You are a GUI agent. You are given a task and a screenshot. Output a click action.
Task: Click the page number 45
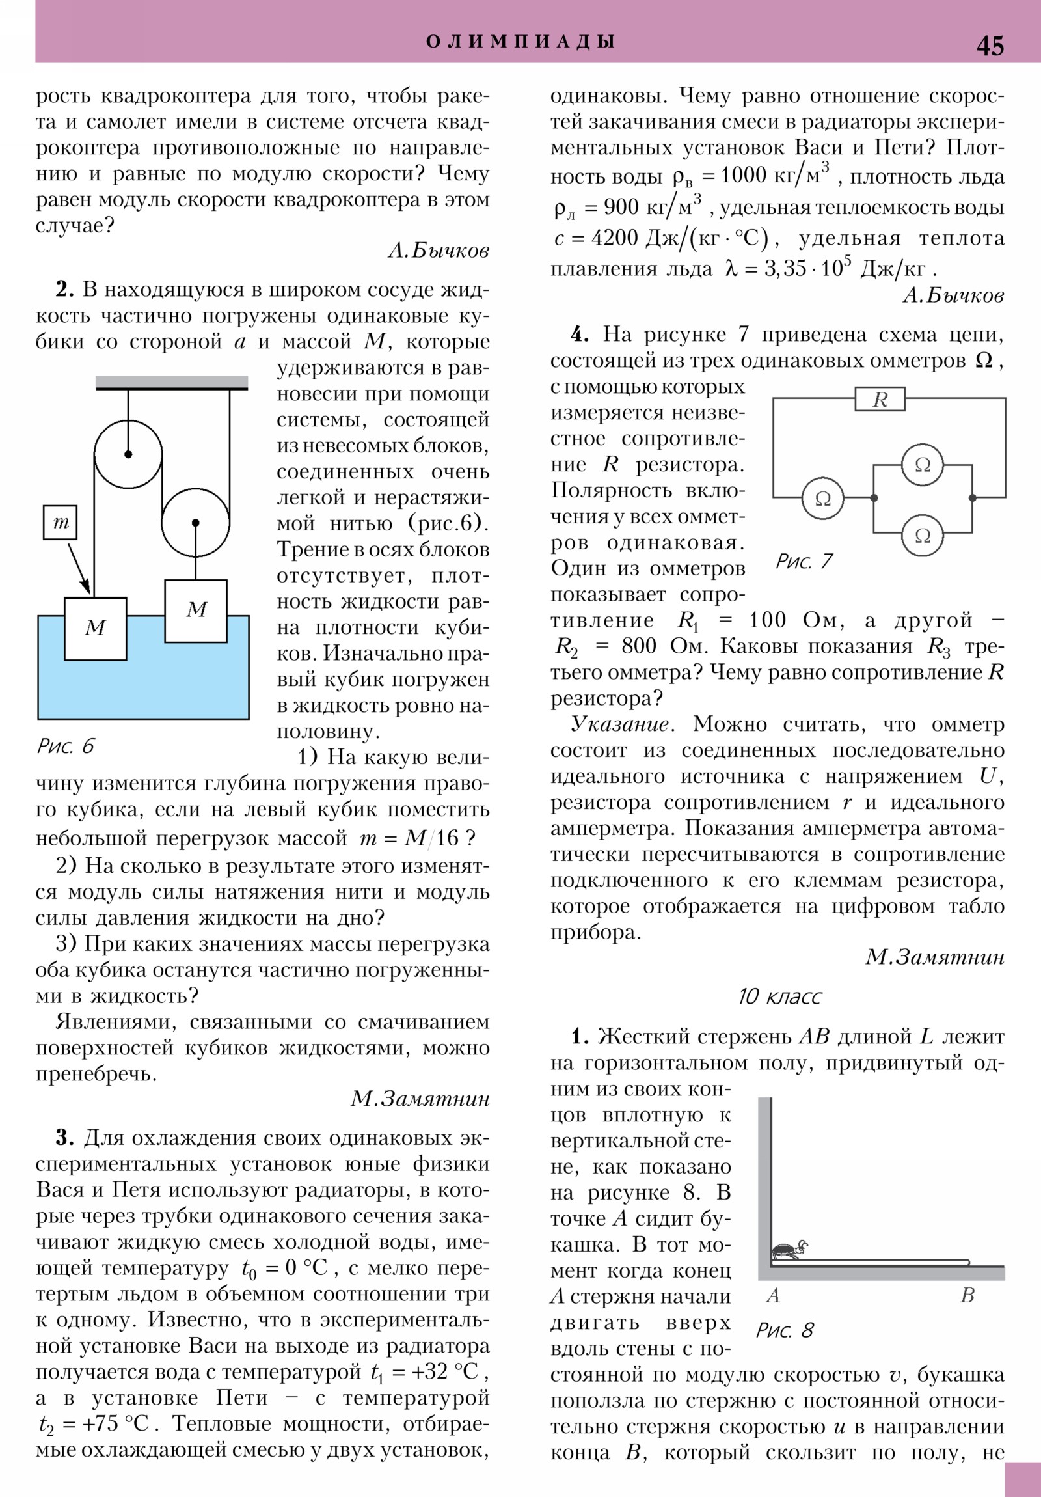tap(990, 46)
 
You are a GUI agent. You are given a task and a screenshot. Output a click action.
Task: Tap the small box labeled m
tap(60, 522)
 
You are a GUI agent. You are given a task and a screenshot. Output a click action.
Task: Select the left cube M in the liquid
tap(95, 629)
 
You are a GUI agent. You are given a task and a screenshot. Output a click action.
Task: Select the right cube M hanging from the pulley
tap(196, 611)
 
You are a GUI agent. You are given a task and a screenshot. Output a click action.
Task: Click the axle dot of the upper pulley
tap(128, 454)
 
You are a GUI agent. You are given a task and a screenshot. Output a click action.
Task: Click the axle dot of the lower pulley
tap(196, 522)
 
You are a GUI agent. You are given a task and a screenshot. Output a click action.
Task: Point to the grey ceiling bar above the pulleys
tap(171, 382)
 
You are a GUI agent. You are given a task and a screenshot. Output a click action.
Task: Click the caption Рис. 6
tap(66, 746)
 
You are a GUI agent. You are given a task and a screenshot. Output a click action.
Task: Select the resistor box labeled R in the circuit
tap(880, 399)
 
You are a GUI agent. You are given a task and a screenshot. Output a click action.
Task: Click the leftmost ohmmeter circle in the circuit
tap(822, 498)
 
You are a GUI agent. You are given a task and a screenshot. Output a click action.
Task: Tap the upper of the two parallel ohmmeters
tap(923, 464)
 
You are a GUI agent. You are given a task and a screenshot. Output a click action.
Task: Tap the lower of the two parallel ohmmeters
tap(923, 534)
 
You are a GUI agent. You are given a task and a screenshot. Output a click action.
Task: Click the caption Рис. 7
tap(804, 561)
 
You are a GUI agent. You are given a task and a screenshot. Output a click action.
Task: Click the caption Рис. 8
tap(785, 1330)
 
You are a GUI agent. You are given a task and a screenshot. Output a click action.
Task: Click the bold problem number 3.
tap(64, 1138)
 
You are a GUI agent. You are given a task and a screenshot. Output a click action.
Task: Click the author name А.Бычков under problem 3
tap(953, 296)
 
